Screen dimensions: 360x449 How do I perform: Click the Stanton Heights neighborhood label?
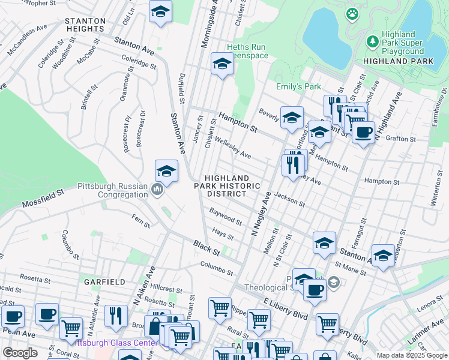(x=85, y=25)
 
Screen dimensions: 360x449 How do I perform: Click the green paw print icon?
(x=352, y=13)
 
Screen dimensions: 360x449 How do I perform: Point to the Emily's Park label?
(x=298, y=86)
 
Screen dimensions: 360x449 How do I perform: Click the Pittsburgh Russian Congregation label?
(x=113, y=190)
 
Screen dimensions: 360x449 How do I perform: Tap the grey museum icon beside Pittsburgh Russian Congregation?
(x=157, y=190)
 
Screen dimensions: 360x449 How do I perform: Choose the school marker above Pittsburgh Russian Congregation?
(x=166, y=171)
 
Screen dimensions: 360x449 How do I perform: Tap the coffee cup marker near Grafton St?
(x=363, y=132)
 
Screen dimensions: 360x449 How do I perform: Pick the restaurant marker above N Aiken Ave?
(x=116, y=316)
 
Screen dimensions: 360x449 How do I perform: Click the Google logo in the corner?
(x=20, y=353)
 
